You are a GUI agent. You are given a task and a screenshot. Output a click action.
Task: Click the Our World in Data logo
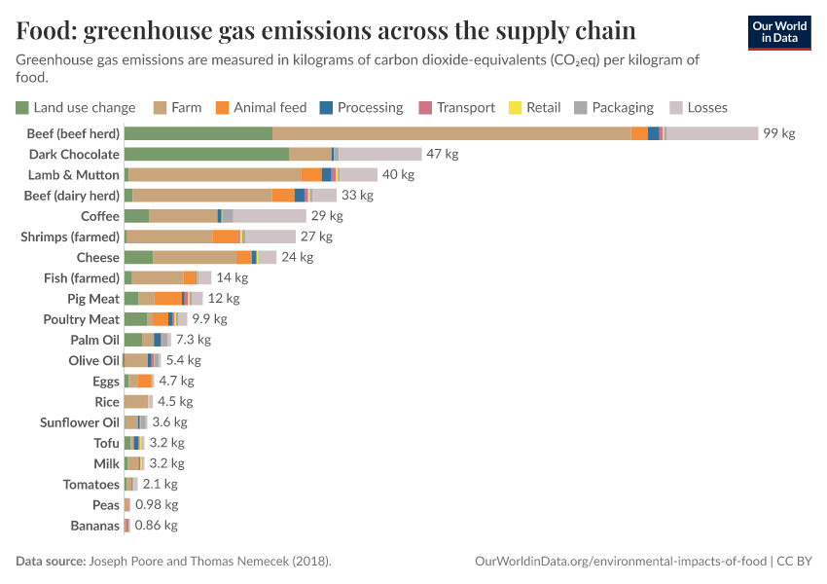(x=778, y=33)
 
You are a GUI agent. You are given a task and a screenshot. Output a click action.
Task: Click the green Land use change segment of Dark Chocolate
(x=206, y=154)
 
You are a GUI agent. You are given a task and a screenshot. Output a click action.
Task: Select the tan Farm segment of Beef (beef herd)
(x=451, y=133)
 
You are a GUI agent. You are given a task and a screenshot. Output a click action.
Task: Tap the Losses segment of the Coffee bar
(x=270, y=216)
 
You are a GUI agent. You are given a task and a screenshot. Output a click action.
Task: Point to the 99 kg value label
(x=778, y=133)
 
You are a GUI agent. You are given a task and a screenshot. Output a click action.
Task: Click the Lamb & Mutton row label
(x=73, y=175)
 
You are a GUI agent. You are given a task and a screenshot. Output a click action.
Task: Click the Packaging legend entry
(x=613, y=107)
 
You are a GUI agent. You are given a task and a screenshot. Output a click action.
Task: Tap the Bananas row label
(x=94, y=526)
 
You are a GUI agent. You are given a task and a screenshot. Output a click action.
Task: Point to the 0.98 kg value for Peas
(x=156, y=505)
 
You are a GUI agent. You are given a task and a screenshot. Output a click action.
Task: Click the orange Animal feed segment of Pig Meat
(x=167, y=299)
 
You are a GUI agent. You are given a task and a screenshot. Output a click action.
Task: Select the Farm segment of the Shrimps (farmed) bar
(x=170, y=237)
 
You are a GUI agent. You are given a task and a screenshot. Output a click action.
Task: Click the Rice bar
(x=137, y=402)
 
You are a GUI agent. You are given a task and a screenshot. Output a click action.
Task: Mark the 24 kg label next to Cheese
(x=298, y=257)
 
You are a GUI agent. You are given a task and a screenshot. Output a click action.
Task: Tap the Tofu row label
(x=106, y=443)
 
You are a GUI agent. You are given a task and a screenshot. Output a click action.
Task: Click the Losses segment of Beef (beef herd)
(x=712, y=133)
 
